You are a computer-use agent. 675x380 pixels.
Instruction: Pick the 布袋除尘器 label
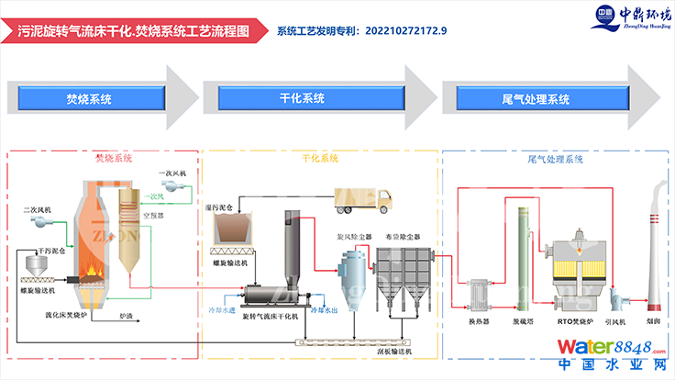coord(404,236)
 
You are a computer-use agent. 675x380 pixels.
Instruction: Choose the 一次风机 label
coord(172,173)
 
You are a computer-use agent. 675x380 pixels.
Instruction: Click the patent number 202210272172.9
coord(405,30)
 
